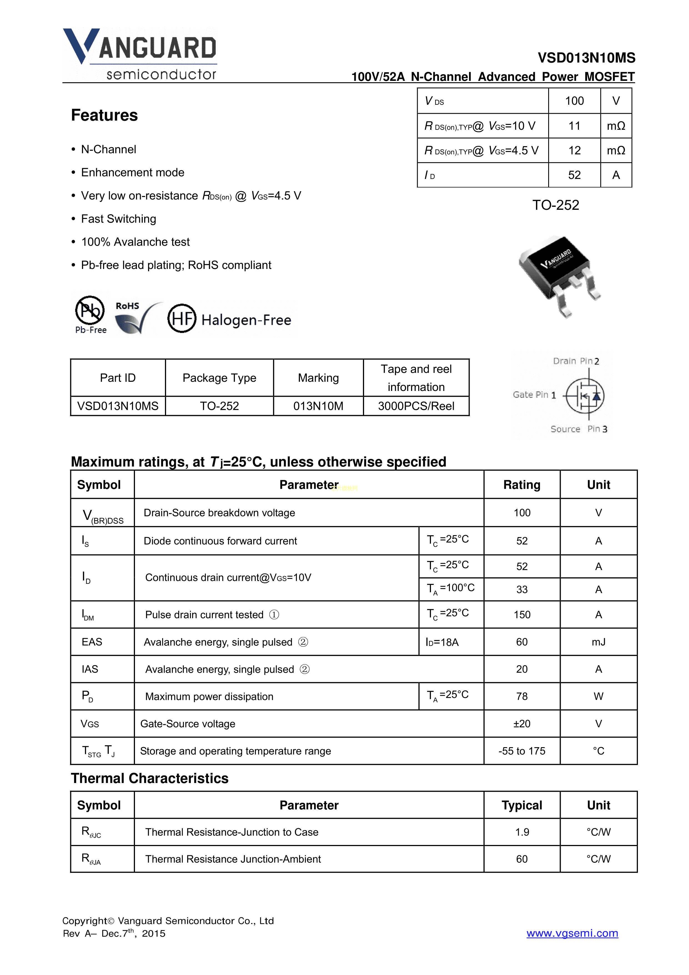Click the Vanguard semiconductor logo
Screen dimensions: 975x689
[140, 54]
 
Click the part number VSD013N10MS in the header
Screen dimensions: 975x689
[586, 58]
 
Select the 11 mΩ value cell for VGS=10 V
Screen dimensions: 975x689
[574, 126]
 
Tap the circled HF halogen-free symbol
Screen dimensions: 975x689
[182, 318]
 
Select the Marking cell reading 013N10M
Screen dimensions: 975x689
[318, 406]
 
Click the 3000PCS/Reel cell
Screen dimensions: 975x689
[416, 406]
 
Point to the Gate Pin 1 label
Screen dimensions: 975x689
[534, 395]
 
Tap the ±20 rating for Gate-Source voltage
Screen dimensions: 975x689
[522, 724]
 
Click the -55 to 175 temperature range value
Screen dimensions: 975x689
[522, 751]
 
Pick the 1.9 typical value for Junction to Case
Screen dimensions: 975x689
[522, 832]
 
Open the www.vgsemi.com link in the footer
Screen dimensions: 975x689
[572, 933]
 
